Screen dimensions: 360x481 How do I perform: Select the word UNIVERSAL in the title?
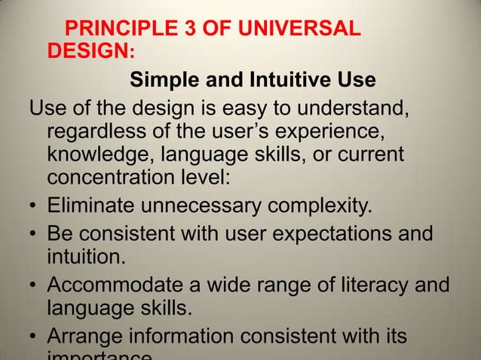point(301,31)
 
